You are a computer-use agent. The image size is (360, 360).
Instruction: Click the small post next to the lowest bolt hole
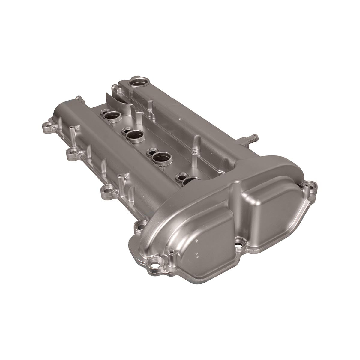click(x=171, y=253)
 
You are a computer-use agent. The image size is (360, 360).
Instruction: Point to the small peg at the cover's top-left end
click(x=79, y=98)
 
